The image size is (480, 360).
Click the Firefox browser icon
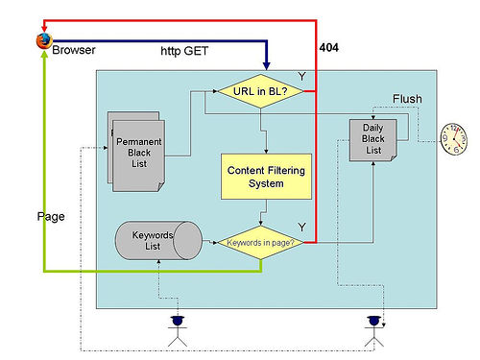pyautogui.click(x=44, y=40)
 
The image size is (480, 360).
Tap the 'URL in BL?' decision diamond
pyautogui.click(x=260, y=91)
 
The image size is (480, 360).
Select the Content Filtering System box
pyautogui.click(x=266, y=177)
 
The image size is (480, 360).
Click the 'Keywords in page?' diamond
pyautogui.click(x=260, y=243)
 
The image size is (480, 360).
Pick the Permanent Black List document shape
pyautogui.click(x=136, y=152)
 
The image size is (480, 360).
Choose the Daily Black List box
pyautogui.click(x=373, y=140)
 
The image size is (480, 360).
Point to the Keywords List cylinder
pyautogui.click(x=158, y=240)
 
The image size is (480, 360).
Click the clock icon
pyautogui.click(x=454, y=139)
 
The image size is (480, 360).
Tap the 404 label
pyautogui.click(x=328, y=48)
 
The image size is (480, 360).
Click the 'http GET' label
pyautogui.click(x=184, y=51)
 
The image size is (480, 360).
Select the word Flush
pyautogui.click(x=407, y=99)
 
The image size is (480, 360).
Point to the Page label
pyautogui.click(x=51, y=217)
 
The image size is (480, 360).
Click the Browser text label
pyautogui.click(x=74, y=50)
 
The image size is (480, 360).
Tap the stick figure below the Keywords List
pyautogui.click(x=178, y=331)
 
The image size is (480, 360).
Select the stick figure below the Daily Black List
pyautogui.click(x=373, y=331)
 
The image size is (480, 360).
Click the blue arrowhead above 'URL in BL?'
pyautogui.click(x=266, y=65)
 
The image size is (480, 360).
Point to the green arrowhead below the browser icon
pyautogui.click(x=44, y=54)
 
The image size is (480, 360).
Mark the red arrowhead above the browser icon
pyautogui.click(x=44, y=29)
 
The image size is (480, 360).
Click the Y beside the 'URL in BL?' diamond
pyautogui.click(x=301, y=77)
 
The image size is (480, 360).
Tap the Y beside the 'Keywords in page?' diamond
pyautogui.click(x=301, y=228)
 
